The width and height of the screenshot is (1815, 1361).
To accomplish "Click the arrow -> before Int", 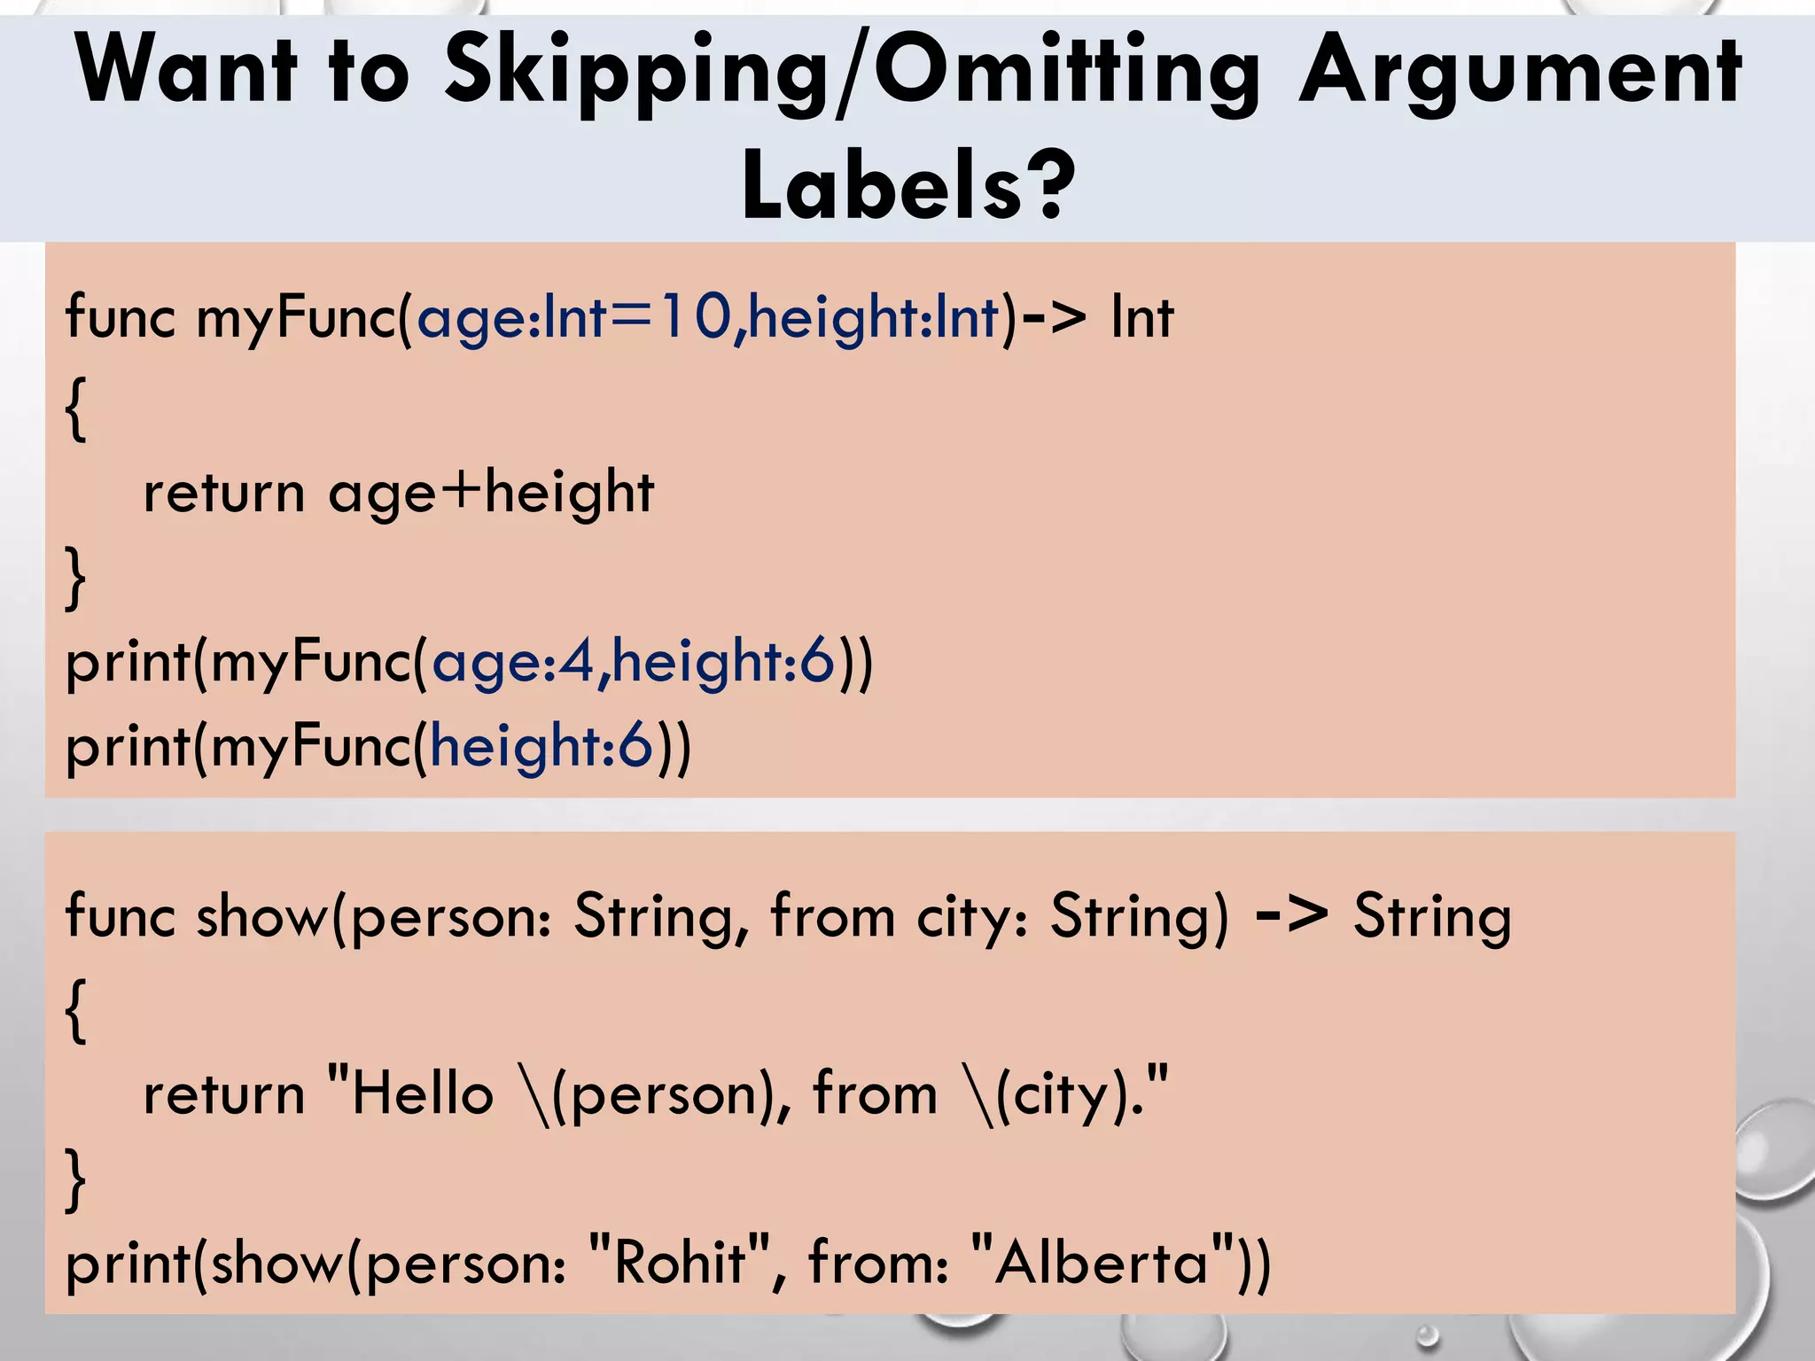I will [x=1054, y=316].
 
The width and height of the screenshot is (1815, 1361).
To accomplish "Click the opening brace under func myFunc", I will [x=76, y=408].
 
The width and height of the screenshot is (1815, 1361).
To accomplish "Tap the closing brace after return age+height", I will [x=76, y=578].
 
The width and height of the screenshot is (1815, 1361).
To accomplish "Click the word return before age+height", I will [x=224, y=493].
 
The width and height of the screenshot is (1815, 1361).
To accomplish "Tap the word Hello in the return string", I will [x=422, y=1093].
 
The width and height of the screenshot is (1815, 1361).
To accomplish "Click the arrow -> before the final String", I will [x=1291, y=916].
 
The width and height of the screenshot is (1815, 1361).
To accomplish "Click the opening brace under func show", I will [x=76, y=1010].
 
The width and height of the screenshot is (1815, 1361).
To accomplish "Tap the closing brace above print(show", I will [x=76, y=1178].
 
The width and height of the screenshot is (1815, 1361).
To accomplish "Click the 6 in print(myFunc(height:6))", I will [x=635, y=745].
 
